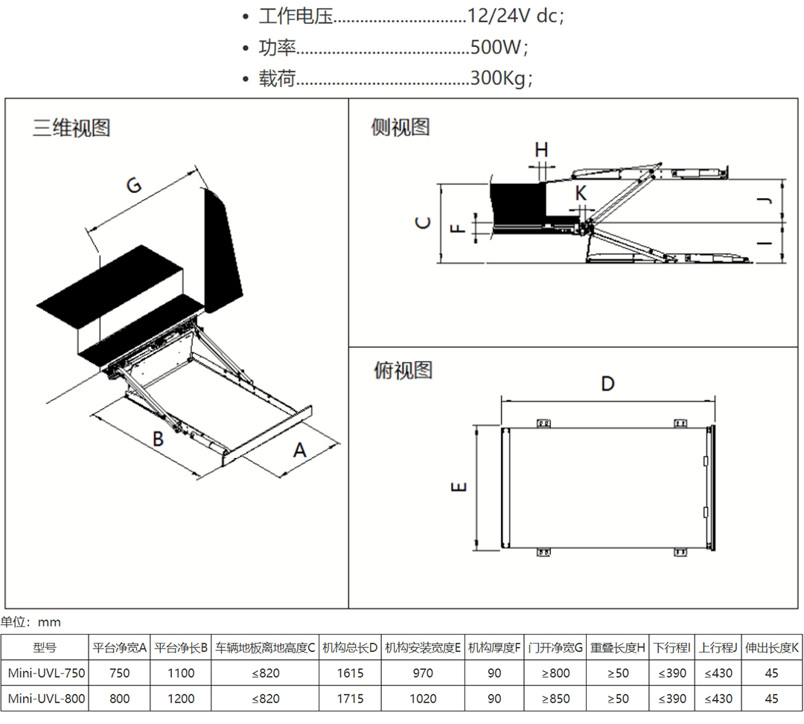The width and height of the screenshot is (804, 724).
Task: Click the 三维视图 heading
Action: (71, 127)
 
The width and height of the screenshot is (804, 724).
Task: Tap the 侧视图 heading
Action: (401, 127)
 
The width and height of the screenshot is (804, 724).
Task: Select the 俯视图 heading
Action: (403, 369)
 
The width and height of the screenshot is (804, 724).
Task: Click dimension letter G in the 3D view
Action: (134, 185)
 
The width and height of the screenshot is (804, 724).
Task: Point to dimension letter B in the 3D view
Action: (158, 439)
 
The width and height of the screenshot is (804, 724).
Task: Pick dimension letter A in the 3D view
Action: (300, 450)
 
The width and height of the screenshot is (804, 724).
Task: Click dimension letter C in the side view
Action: (423, 222)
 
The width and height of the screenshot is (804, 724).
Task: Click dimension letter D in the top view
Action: (607, 384)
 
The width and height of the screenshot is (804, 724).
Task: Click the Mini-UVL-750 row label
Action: (46, 673)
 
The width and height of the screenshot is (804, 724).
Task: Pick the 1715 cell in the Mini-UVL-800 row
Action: (350, 699)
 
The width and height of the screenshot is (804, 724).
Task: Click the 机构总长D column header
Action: (350, 648)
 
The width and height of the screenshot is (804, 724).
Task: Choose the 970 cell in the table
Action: (422, 673)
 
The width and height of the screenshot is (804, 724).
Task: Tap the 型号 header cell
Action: (45, 648)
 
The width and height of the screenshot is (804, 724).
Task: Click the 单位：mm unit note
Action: (31, 622)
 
